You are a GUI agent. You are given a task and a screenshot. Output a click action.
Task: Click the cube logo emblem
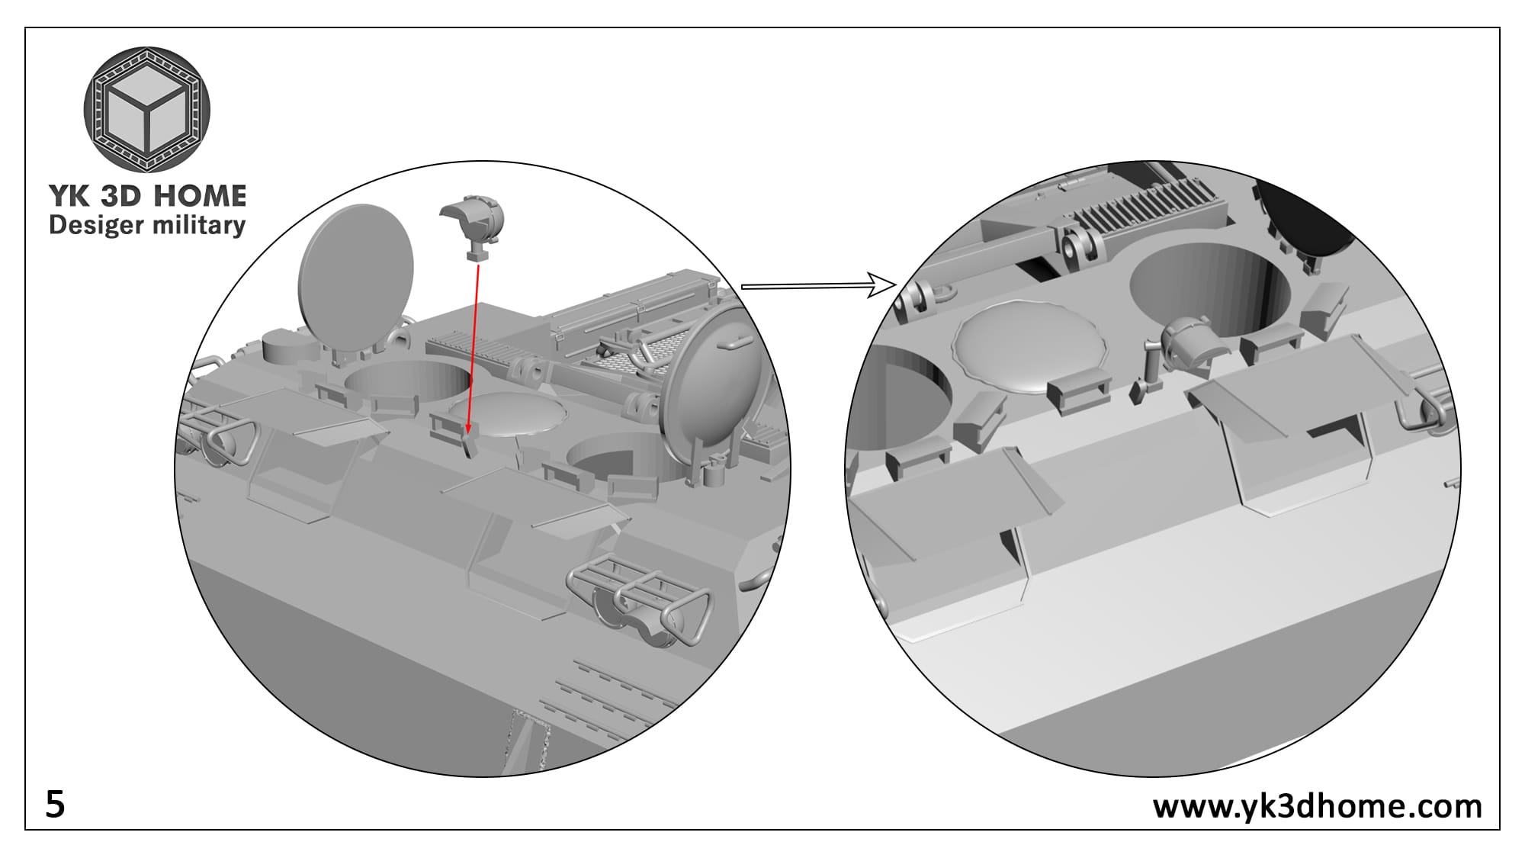[147, 110]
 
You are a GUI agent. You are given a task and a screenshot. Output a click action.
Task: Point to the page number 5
[55, 805]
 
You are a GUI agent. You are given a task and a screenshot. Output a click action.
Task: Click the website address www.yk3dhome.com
[1317, 806]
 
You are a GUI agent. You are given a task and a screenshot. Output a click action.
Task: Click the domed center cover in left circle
[508, 414]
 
